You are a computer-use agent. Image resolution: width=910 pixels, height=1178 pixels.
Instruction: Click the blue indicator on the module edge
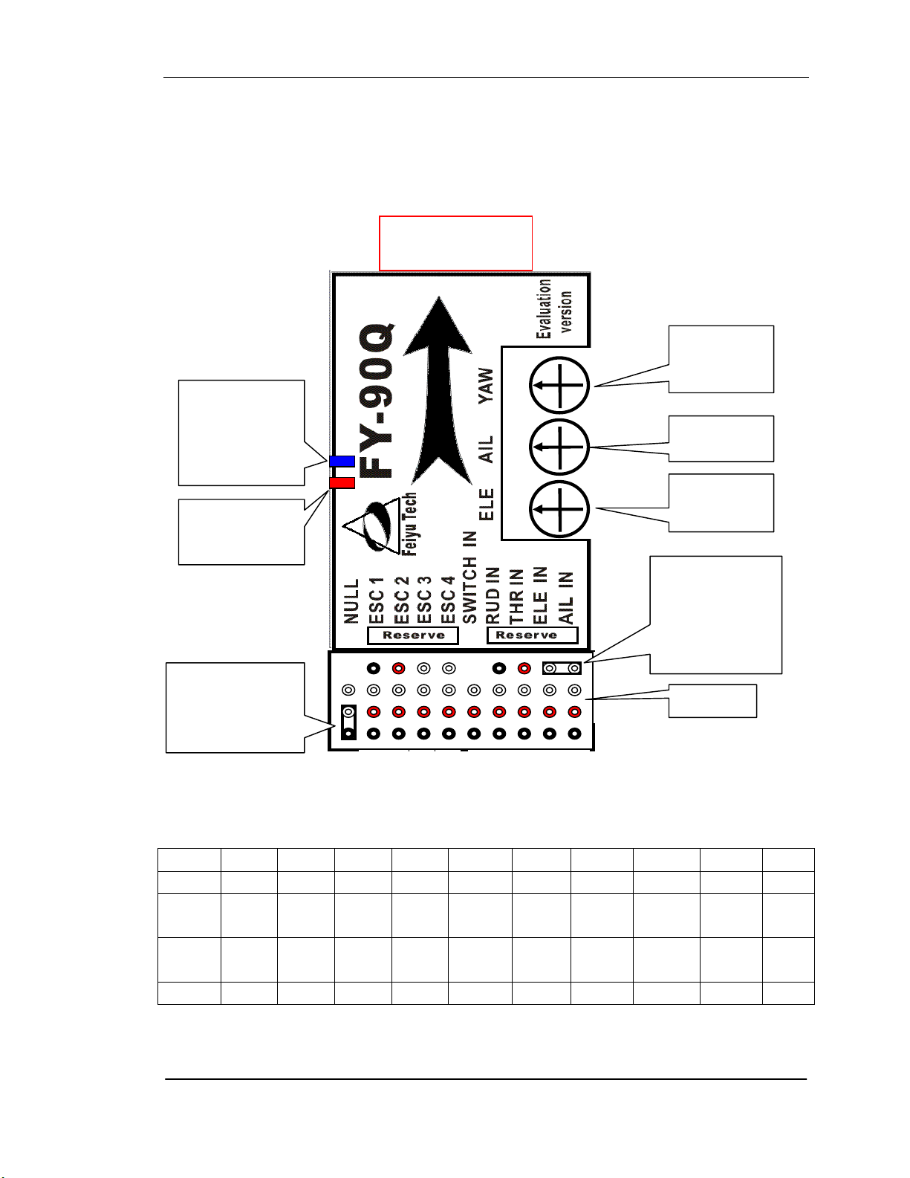(342, 462)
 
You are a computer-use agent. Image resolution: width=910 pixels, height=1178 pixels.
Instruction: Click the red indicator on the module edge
(342, 483)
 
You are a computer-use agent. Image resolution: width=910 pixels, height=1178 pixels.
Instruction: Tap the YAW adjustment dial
(559, 386)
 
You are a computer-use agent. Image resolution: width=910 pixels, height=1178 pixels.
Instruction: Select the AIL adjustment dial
(559, 447)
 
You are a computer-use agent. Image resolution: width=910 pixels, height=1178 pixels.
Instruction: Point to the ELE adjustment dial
(559, 509)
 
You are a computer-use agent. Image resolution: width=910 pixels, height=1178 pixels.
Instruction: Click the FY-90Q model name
(377, 401)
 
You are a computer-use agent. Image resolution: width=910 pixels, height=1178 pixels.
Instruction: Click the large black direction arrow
(439, 390)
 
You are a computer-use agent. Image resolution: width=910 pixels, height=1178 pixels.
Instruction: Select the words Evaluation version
(553, 309)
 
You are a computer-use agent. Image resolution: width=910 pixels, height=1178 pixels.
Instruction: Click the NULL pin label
(351, 601)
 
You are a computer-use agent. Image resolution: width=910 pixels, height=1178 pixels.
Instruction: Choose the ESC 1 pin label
(376, 601)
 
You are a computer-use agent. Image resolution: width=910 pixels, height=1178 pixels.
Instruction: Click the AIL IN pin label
(565, 598)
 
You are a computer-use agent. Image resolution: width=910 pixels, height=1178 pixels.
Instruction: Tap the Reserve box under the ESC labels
(413, 635)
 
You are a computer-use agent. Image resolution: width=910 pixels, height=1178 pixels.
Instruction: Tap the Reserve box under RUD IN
(533, 635)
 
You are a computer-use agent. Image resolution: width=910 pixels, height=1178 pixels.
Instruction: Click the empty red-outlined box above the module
(455, 244)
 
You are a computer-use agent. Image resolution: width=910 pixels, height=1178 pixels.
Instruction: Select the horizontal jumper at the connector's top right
(562, 668)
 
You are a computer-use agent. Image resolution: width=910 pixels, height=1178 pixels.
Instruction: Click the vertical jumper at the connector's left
(349, 722)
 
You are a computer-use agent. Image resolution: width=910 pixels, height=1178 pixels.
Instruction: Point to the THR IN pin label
(517, 596)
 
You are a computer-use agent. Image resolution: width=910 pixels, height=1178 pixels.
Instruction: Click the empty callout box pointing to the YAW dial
(721, 359)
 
